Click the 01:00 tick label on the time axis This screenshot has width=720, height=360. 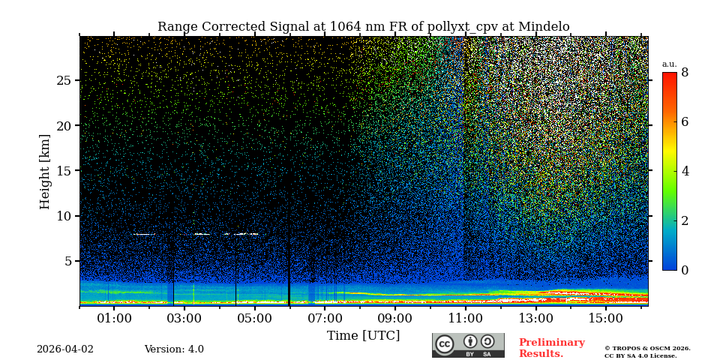point(114,319)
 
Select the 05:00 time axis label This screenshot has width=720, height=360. point(254,319)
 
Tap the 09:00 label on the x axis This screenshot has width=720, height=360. point(394,319)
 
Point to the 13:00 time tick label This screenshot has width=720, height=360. point(535,319)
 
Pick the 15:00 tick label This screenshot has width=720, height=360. point(605,319)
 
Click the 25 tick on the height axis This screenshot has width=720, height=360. point(64,80)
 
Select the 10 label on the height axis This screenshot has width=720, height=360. point(64,216)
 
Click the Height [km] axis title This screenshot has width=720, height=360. point(45,171)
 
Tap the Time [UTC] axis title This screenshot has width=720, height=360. point(363,336)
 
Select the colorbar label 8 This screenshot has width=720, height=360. point(685,73)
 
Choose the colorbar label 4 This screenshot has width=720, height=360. point(685,171)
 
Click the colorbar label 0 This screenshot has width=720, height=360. point(685,270)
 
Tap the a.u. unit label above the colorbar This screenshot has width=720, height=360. point(669,64)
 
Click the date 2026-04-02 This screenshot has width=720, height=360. point(65,349)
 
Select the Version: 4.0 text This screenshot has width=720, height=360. point(174,349)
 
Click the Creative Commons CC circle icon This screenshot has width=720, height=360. point(445,344)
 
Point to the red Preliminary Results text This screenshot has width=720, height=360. point(551,348)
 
